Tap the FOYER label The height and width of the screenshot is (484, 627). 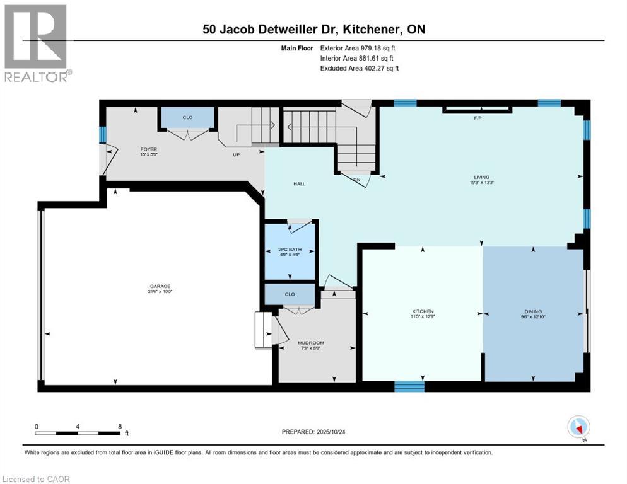tap(148, 149)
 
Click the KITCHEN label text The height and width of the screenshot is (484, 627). tap(423, 311)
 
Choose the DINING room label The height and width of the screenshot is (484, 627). tap(533, 311)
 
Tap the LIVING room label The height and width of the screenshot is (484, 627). tap(483, 177)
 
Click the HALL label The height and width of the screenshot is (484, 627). tap(299, 183)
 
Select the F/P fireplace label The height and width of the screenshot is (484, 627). tap(477, 118)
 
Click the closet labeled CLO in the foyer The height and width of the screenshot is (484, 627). tap(187, 118)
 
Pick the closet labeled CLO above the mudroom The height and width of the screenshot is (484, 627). tap(290, 294)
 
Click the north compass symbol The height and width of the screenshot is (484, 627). tap(578, 427)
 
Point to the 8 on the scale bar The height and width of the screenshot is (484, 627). tap(120, 426)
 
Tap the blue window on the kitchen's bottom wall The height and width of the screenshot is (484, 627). tap(409, 386)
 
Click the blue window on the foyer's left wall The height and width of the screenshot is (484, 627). tap(103, 134)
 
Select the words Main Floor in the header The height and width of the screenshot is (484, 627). tap(297, 47)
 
